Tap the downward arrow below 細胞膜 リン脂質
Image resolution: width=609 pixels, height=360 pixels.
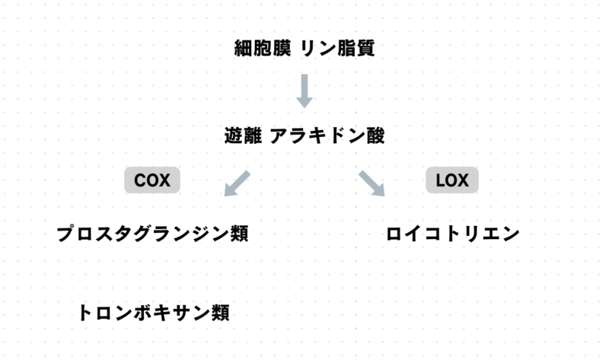point(304,91)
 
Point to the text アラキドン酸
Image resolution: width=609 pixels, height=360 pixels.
point(327,137)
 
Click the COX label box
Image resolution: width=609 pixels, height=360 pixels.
point(152,180)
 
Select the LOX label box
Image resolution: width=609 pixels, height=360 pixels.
point(452,180)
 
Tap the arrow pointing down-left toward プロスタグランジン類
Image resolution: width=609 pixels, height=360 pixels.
point(238,183)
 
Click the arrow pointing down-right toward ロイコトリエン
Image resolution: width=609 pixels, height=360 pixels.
point(371,183)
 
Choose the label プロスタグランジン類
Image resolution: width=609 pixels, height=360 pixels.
point(152,234)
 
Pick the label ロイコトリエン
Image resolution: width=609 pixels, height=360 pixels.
point(453,234)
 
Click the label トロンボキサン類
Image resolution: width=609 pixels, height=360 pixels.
point(153,313)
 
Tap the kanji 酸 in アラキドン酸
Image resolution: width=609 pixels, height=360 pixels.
point(375,137)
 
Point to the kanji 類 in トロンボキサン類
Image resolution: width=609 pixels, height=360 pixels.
point(219,313)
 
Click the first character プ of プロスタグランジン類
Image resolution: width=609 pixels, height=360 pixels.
point(66,234)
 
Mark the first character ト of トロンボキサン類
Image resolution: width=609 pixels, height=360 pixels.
point(88,313)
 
